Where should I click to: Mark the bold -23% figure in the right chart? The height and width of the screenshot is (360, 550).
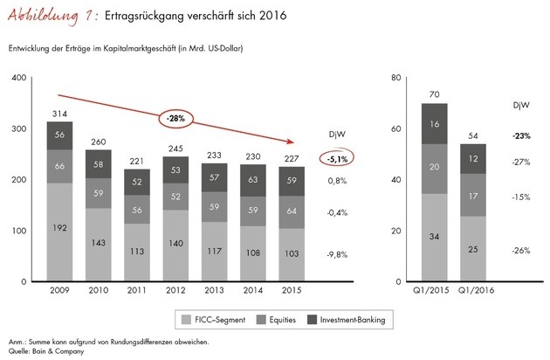(522, 135)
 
